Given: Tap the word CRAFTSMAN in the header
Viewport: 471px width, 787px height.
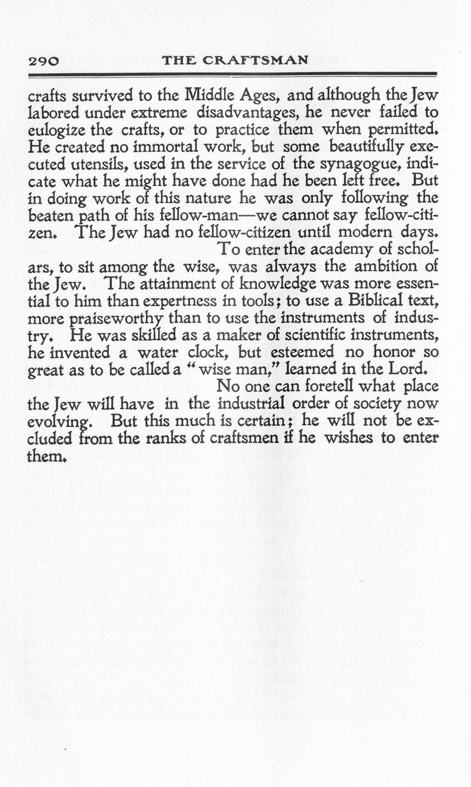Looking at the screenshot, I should (266, 60).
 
